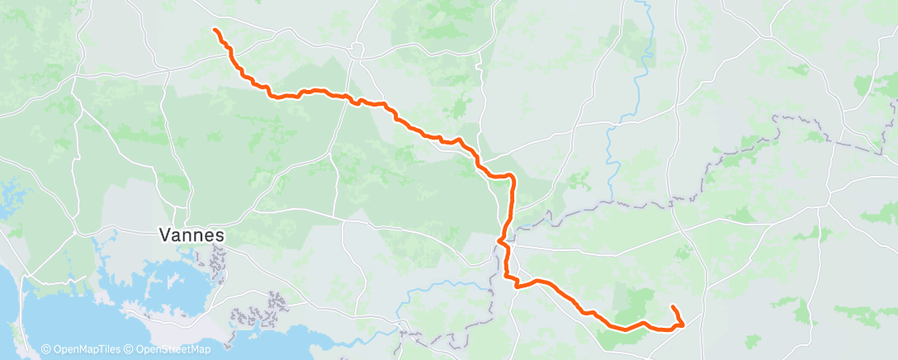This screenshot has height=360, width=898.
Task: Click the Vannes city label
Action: click(x=191, y=235)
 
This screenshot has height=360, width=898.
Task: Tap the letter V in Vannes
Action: click(x=163, y=235)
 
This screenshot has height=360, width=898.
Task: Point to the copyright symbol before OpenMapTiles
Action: click(x=45, y=350)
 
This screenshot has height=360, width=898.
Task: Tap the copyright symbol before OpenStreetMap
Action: click(x=131, y=350)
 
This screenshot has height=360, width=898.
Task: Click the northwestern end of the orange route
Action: click(x=216, y=31)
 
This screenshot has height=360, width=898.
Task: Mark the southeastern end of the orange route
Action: click(x=673, y=307)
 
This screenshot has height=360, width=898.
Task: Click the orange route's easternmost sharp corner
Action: click(x=683, y=324)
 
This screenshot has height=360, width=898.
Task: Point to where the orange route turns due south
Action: click(x=513, y=178)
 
